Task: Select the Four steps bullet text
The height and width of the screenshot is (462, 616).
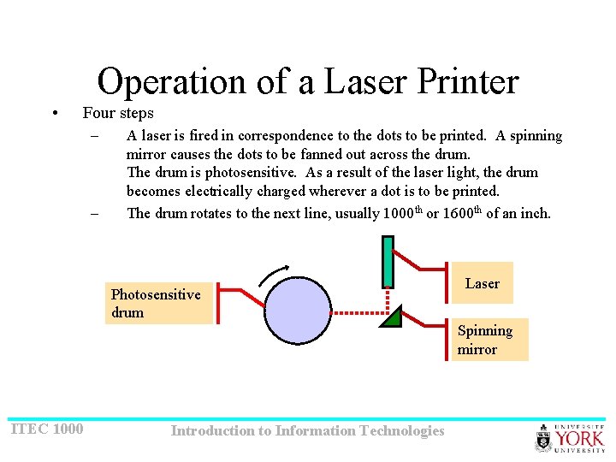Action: pyautogui.click(x=118, y=113)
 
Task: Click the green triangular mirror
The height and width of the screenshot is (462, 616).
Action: pyautogui.click(x=391, y=318)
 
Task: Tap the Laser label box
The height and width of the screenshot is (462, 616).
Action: pyautogui.click(x=483, y=283)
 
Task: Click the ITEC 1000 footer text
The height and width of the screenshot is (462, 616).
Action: pyautogui.click(x=46, y=429)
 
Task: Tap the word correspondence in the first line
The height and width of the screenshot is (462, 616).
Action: pyautogui.click(x=286, y=135)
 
